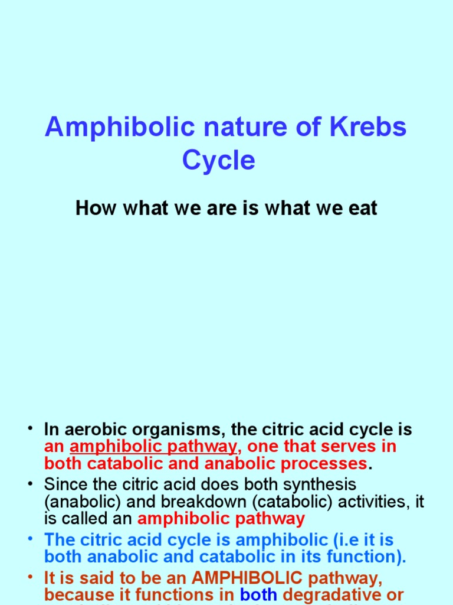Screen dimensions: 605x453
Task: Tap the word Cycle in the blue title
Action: click(x=219, y=160)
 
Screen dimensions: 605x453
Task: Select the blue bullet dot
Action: click(x=31, y=540)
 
